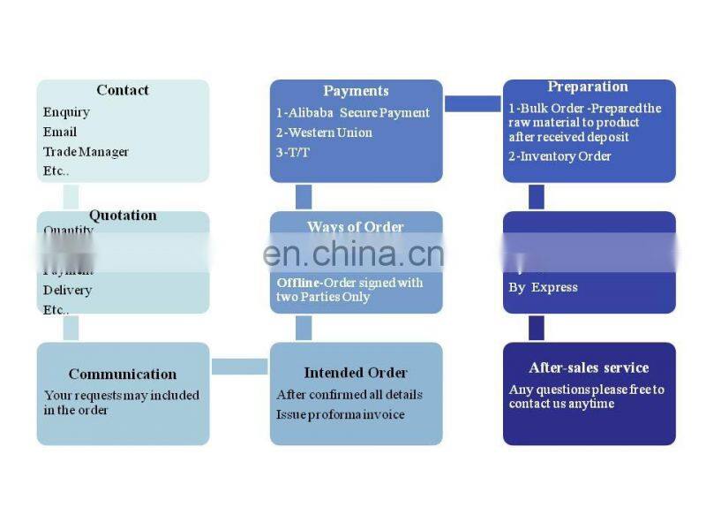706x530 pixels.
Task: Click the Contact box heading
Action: click(x=123, y=90)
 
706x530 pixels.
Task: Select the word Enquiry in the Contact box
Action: click(x=66, y=112)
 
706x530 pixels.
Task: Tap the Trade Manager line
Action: click(x=86, y=152)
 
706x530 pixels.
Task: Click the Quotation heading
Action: click(x=123, y=216)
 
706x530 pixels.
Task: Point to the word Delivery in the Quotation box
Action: click(x=67, y=290)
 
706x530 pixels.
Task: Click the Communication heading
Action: click(x=123, y=374)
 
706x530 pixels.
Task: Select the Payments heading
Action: click(x=356, y=91)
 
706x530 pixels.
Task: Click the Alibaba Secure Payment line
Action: click(x=353, y=112)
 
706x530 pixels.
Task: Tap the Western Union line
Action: click(x=324, y=132)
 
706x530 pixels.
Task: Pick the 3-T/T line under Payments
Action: click(x=293, y=152)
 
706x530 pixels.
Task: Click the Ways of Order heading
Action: click(x=356, y=227)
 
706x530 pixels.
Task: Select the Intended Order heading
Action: click(x=356, y=373)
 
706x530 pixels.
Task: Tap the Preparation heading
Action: click(x=588, y=87)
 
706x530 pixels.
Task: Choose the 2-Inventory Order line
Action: click(x=560, y=156)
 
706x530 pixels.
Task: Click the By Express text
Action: click(x=543, y=287)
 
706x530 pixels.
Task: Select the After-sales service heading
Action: click(x=589, y=367)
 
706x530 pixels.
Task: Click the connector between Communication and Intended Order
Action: click(x=239, y=366)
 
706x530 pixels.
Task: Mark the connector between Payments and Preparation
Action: click(x=472, y=104)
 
